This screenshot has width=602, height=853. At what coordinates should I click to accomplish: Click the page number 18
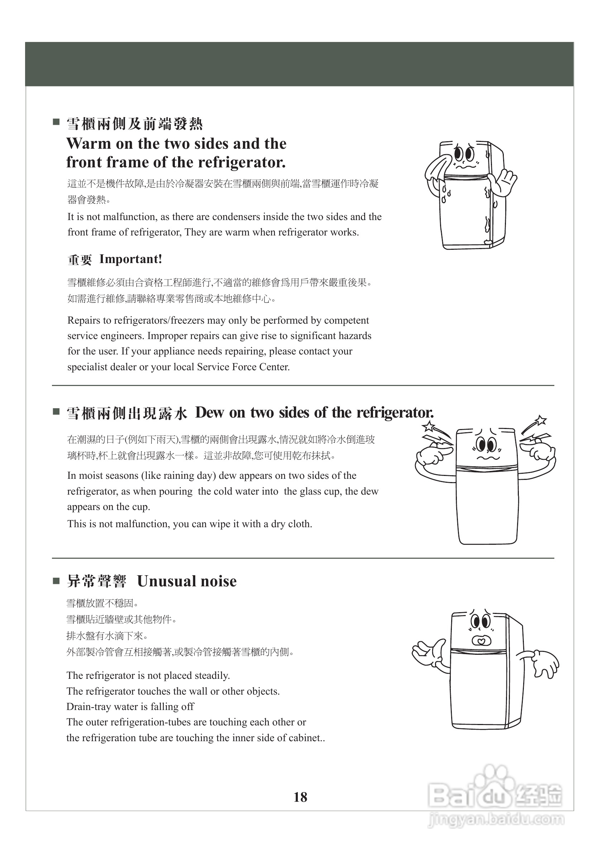300,797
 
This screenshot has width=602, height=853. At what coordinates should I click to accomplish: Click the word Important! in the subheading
131,259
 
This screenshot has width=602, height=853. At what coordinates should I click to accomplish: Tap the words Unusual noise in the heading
187,581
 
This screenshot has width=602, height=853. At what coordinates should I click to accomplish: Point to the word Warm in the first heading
89,143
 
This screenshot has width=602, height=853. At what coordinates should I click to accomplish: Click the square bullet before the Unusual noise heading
56,581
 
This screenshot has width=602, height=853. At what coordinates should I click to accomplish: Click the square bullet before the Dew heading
56,411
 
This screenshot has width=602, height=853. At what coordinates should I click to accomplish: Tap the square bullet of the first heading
56,122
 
